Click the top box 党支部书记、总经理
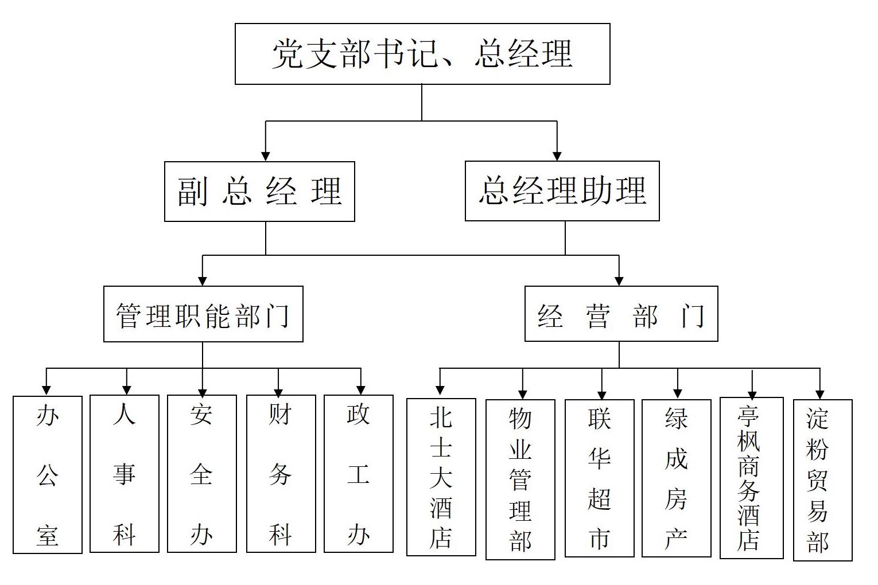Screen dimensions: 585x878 click(422, 54)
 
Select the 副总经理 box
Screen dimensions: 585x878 click(259, 192)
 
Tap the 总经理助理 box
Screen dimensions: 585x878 click(562, 191)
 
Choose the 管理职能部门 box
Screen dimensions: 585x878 click(203, 314)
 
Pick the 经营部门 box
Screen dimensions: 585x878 click(621, 314)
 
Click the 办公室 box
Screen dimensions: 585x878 click(48, 474)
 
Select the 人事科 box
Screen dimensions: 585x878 click(125, 474)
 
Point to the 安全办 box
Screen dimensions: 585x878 click(201, 474)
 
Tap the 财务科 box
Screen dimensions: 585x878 click(281, 474)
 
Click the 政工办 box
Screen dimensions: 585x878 click(358, 474)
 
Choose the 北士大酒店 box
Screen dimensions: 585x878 click(441, 477)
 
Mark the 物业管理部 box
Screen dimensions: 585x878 click(520, 479)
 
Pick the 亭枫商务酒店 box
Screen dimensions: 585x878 click(751, 478)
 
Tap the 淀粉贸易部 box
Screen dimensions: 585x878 click(822, 480)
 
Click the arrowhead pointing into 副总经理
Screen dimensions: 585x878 click(265, 155)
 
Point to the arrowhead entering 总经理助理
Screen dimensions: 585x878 click(557, 155)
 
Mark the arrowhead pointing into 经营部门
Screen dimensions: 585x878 click(619, 280)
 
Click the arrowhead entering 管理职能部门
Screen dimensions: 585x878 click(203, 280)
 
